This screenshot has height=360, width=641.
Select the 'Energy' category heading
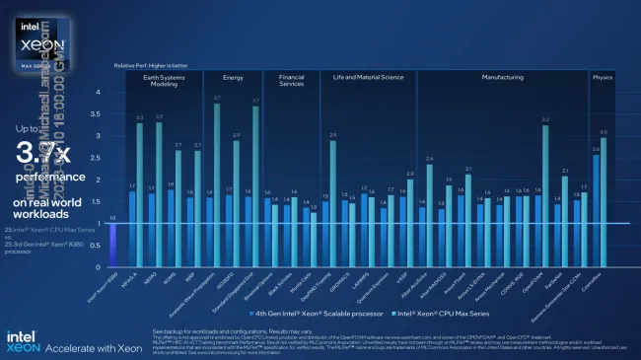pyautogui.click(x=233, y=76)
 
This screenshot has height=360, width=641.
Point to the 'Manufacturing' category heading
pyautogui.click(x=502, y=76)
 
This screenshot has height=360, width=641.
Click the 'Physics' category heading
pyautogui.click(x=602, y=76)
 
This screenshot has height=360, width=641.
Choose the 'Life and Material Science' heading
pyautogui.click(x=369, y=76)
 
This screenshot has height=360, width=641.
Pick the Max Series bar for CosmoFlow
pyautogui.click(x=604, y=202)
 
